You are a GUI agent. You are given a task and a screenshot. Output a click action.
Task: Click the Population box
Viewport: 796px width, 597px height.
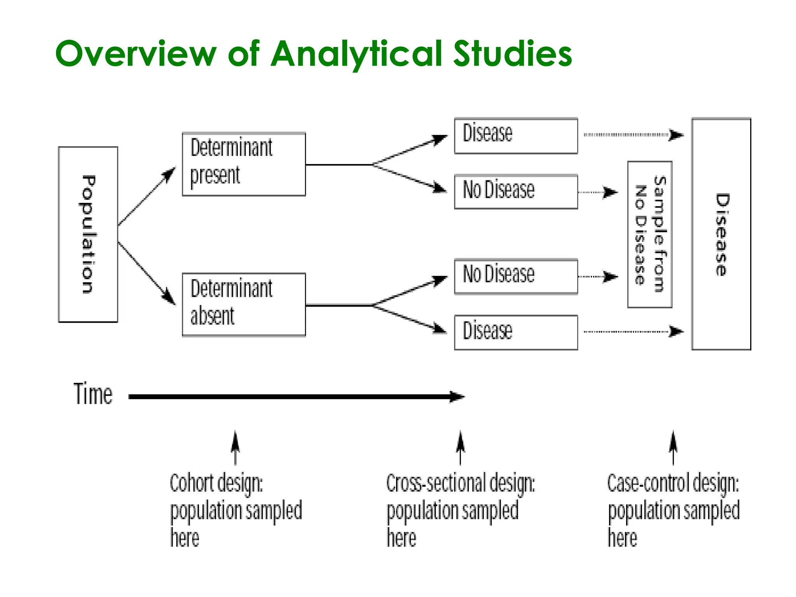point(88,234)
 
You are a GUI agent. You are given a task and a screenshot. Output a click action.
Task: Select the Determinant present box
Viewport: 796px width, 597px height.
point(244,164)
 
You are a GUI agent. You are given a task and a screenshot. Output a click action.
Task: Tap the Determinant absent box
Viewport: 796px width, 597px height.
point(244,304)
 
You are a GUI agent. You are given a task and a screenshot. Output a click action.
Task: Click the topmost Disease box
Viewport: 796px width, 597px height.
point(516,136)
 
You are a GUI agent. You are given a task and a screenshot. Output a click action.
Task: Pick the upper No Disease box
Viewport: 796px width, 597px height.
point(516,192)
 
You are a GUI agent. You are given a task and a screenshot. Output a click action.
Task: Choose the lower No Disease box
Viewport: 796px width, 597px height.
point(516,276)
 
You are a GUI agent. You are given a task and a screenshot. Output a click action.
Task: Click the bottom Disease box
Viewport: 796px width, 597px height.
point(516,332)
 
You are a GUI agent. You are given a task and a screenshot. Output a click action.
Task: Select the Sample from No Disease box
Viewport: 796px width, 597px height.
point(649,234)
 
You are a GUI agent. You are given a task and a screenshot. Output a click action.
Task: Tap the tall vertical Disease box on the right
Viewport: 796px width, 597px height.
point(721,234)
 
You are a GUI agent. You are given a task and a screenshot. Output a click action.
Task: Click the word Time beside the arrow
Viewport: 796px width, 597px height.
point(93,394)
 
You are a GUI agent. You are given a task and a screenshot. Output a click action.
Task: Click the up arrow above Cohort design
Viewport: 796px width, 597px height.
point(235,447)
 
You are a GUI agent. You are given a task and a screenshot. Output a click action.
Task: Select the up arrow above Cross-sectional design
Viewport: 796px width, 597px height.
point(461,447)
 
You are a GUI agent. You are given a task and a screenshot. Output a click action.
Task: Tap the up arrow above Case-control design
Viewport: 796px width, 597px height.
point(673,447)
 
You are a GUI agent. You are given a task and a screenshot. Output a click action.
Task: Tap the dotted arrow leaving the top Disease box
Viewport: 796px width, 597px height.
point(634,135)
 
